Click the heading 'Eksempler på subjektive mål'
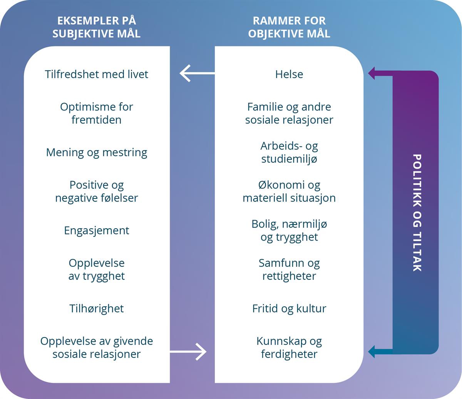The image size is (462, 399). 96,27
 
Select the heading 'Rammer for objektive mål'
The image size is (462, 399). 289,27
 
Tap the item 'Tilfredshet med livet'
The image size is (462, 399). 96,74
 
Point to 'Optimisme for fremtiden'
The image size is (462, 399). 96,113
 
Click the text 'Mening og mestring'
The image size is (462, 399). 96,153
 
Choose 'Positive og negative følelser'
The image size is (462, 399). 96,191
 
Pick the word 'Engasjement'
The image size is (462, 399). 96,231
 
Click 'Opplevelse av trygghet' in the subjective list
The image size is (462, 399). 96,269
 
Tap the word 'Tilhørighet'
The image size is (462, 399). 96,309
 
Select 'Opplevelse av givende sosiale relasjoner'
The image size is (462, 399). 96,347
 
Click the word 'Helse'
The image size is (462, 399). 289,74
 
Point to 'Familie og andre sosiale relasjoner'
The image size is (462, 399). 289,113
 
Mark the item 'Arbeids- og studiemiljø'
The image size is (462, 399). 289,152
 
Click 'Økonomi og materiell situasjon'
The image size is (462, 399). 289,191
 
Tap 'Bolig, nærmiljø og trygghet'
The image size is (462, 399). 289,230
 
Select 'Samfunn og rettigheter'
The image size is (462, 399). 289,269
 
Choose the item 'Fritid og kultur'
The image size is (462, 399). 289,309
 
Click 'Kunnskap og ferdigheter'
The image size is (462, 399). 289,347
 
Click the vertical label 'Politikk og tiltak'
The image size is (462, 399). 417,213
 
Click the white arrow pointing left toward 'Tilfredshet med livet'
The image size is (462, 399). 196,73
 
